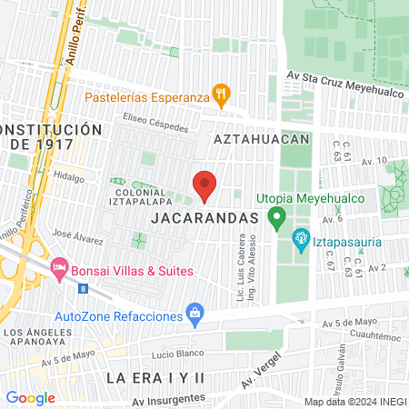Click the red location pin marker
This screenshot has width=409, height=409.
(204, 186)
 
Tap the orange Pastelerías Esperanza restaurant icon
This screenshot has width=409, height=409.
(220, 93)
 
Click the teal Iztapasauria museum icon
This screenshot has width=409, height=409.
(299, 240)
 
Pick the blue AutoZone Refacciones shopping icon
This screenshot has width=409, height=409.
(194, 314)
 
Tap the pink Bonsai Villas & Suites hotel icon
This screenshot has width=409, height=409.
(60, 267)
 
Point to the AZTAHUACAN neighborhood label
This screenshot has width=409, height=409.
(262, 139)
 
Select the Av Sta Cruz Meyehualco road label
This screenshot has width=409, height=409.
(341, 78)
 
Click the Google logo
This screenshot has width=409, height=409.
(30, 397)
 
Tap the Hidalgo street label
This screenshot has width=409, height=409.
(68, 176)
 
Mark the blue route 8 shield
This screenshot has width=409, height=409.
(84, 288)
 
